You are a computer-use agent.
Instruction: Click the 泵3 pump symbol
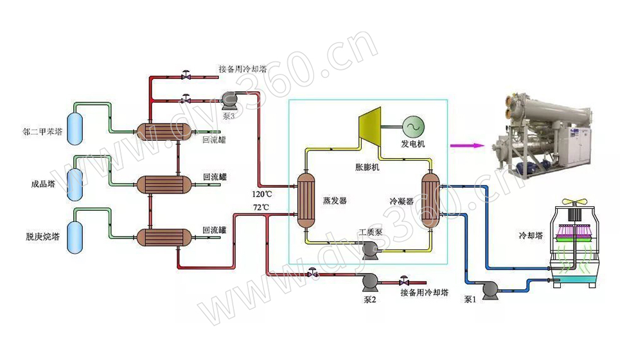tap(228, 98)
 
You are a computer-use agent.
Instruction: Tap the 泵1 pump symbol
tap(490, 291)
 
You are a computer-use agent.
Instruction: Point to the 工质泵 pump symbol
tap(370, 249)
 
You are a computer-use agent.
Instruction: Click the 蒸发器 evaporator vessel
tap(306, 200)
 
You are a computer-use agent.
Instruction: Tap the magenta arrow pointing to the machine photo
tap(465, 145)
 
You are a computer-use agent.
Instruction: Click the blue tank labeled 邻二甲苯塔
tap(75, 126)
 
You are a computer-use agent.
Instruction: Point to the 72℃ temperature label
tap(261, 207)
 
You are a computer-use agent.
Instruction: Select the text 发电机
tap(413, 144)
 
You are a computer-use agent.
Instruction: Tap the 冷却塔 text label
tap(531, 235)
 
